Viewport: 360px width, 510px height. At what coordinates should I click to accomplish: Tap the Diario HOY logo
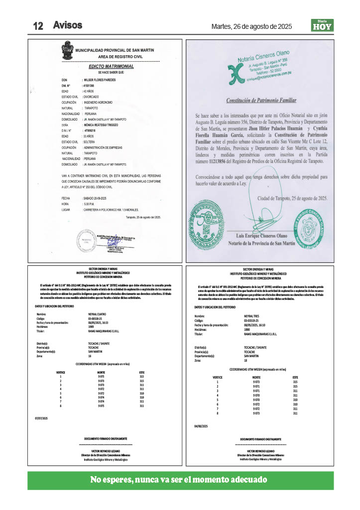[x=322, y=26]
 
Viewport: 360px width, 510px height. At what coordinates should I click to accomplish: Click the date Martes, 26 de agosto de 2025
[x=251, y=26]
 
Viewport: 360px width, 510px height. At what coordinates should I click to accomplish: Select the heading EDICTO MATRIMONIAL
[x=111, y=66]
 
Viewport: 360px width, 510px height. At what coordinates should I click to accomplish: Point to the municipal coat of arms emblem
[x=67, y=50]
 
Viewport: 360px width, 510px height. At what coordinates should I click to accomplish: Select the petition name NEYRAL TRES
[x=252, y=316]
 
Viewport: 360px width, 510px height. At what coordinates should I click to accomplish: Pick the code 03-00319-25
[x=253, y=321]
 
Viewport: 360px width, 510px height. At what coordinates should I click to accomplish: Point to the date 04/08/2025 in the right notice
[x=201, y=426]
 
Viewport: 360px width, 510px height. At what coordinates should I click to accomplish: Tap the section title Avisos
[x=68, y=25]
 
